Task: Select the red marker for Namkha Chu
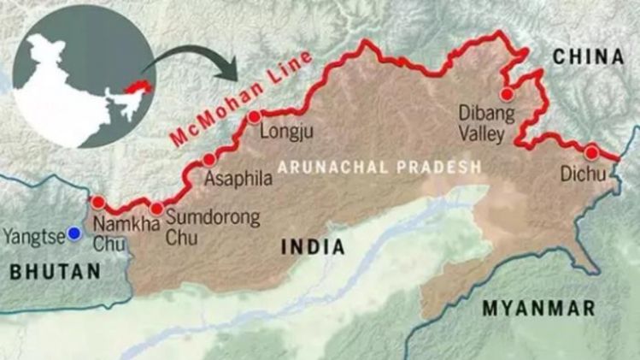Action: click(x=99, y=203)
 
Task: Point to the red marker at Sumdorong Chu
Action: click(x=156, y=209)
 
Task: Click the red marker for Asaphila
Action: click(x=208, y=160)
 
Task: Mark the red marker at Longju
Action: click(x=254, y=117)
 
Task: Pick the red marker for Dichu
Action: click(x=591, y=152)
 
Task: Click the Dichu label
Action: click(x=584, y=174)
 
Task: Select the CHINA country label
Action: click(x=587, y=56)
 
